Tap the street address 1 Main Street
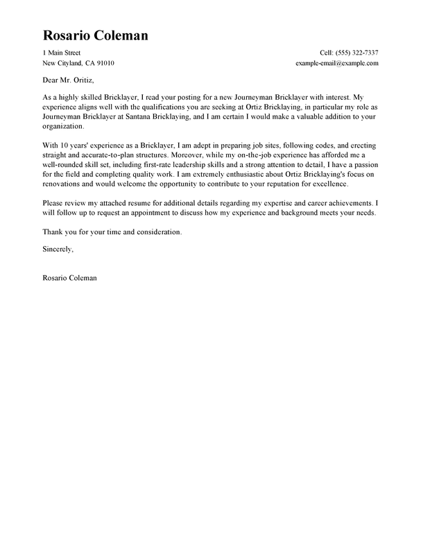point(61,53)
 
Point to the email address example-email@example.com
point(337,63)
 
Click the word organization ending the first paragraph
point(64,128)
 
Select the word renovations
point(65,185)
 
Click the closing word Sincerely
point(58,247)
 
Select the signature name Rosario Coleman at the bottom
point(69,278)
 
